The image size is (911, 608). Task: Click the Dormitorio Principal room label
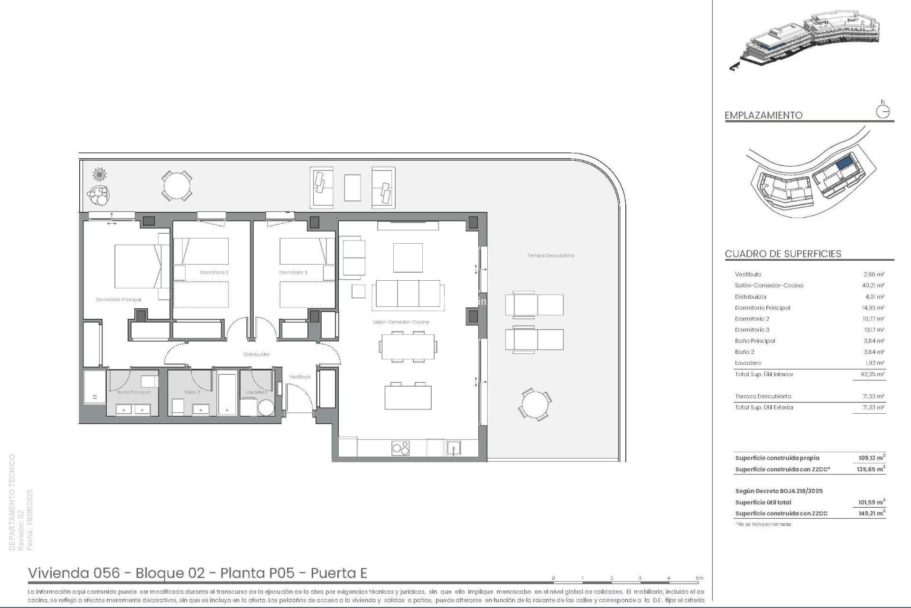click(x=119, y=300)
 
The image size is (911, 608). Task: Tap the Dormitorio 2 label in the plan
click(x=214, y=273)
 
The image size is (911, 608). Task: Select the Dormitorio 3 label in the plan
click(x=293, y=273)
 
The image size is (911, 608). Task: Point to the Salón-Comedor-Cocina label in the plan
click(x=400, y=322)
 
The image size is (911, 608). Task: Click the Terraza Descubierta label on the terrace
click(x=550, y=256)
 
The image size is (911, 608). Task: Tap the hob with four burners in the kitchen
click(x=400, y=448)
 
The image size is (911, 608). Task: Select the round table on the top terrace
click(x=177, y=186)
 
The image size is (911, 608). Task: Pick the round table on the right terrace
click(x=535, y=405)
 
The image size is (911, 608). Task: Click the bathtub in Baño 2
click(x=227, y=394)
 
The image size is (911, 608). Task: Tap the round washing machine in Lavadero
click(x=266, y=408)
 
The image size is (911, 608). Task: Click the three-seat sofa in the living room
click(x=408, y=294)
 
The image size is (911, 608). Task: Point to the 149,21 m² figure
click(x=871, y=513)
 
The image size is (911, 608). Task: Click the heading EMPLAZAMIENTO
click(x=763, y=115)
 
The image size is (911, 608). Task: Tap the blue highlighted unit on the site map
click(x=844, y=164)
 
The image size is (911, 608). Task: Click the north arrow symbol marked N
click(x=883, y=111)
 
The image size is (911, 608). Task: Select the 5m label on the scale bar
click(x=699, y=578)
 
